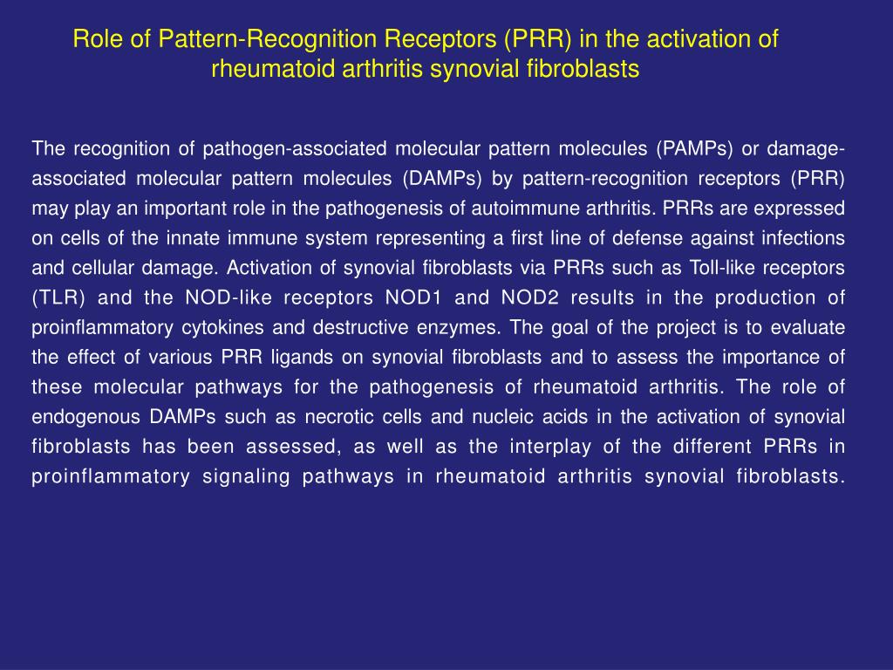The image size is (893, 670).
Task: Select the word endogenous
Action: tap(75, 416)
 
